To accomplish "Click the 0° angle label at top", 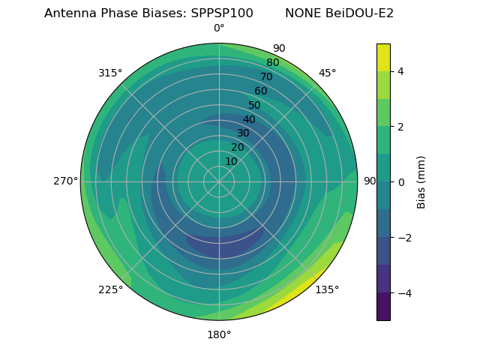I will [x=219, y=28].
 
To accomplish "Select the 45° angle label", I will [x=327, y=73].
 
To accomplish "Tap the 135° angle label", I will [x=327, y=289].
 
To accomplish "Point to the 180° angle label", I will [x=219, y=334].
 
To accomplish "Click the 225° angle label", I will [x=110, y=289].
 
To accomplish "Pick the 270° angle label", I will [x=65, y=181].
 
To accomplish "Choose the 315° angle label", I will [x=110, y=73].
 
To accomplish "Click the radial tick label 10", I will [x=231, y=161].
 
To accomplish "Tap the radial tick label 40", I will [x=249, y=119].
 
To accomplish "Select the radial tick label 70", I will [x=266, y=76].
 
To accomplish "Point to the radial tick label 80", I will [x=272, y=63].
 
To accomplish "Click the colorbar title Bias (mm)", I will [x=421, y=181].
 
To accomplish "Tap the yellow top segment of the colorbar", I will [x=383, y=57].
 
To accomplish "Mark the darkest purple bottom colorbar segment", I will [x=383, y=307].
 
